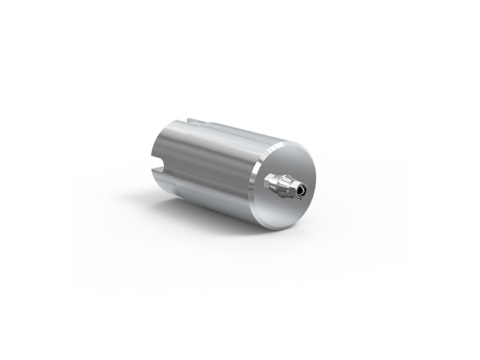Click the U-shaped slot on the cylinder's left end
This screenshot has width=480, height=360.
tap(155, 161)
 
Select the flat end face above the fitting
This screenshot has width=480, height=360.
tap(288, 159)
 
